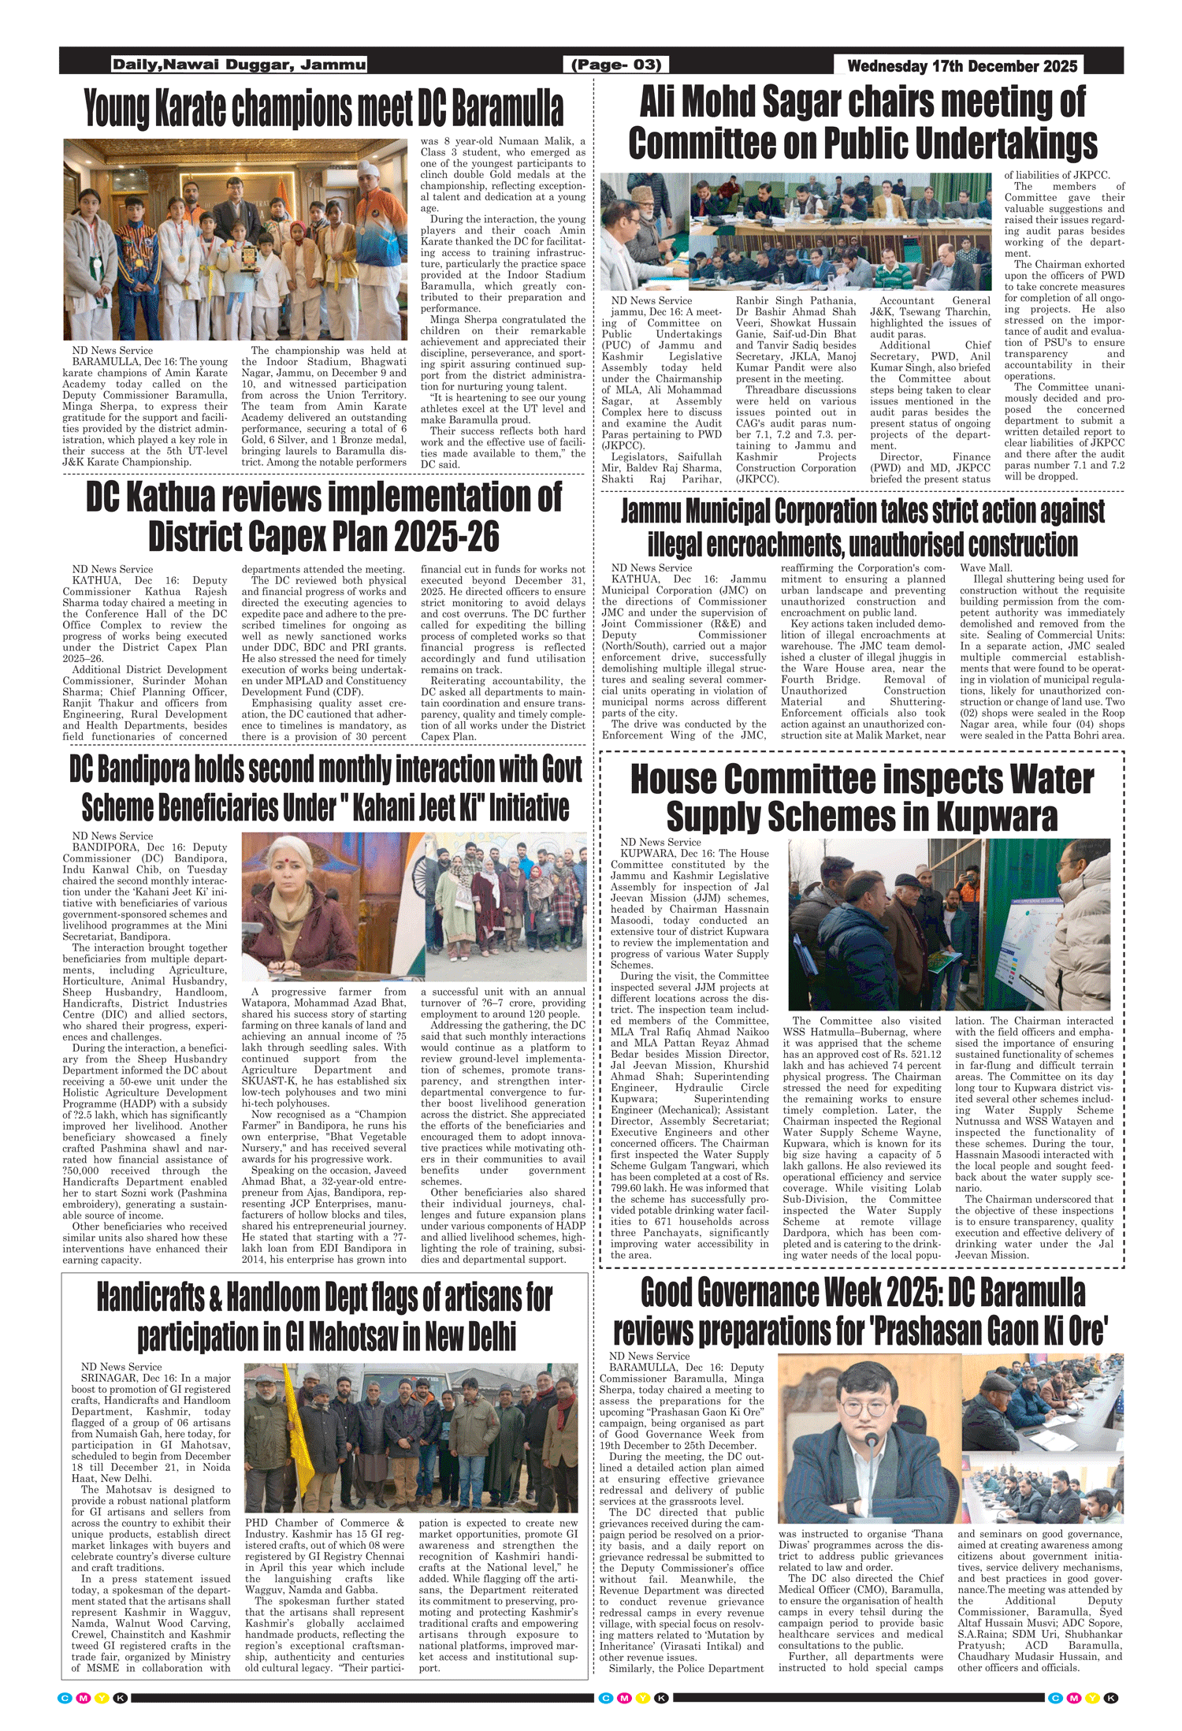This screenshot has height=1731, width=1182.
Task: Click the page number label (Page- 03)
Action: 615,65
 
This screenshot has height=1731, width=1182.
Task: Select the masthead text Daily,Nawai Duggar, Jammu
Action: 239,65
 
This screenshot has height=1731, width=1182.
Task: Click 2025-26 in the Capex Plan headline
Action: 446,537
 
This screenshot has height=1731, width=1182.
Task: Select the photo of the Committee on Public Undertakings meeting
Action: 796,232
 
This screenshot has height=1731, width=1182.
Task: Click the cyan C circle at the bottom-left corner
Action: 65,1697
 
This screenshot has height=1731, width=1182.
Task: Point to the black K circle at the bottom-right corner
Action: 1111,1697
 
